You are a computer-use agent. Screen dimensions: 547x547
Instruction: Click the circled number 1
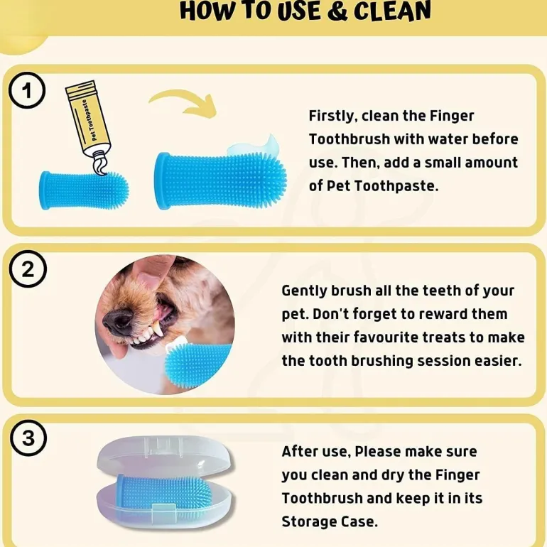27,90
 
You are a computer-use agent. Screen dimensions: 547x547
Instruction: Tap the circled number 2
28,269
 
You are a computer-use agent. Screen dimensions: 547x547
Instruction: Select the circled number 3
28,438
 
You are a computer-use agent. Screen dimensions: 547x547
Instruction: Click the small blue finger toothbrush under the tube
84,190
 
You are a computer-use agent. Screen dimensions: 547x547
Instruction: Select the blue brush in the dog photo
197,364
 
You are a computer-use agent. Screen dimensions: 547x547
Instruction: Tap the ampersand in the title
337,11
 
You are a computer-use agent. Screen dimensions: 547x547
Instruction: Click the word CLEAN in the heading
392,11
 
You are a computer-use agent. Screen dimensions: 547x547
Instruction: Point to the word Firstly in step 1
332,116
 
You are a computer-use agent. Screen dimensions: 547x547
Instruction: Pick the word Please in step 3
377,452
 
